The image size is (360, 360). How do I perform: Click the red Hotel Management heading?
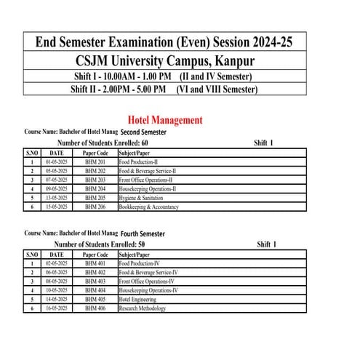164,120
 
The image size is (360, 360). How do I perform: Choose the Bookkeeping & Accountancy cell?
151,206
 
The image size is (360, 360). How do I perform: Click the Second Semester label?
144,132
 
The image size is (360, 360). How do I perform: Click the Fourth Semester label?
143,233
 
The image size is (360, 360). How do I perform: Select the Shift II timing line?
164,90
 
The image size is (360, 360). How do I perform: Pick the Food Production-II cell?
142,161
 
